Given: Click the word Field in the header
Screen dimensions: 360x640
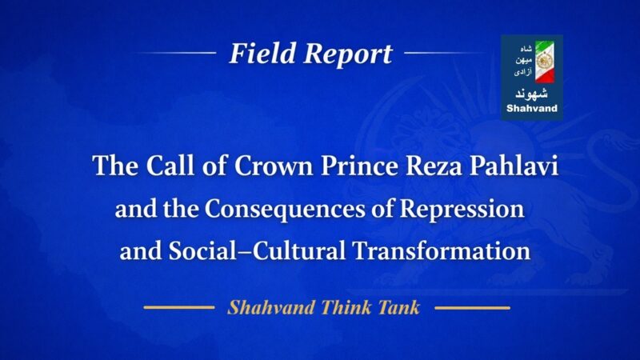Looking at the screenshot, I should [258, 54].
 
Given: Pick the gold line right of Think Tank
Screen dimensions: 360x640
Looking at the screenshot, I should [472, 307].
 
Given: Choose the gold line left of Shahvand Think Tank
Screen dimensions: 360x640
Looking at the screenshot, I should [178, 307].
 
